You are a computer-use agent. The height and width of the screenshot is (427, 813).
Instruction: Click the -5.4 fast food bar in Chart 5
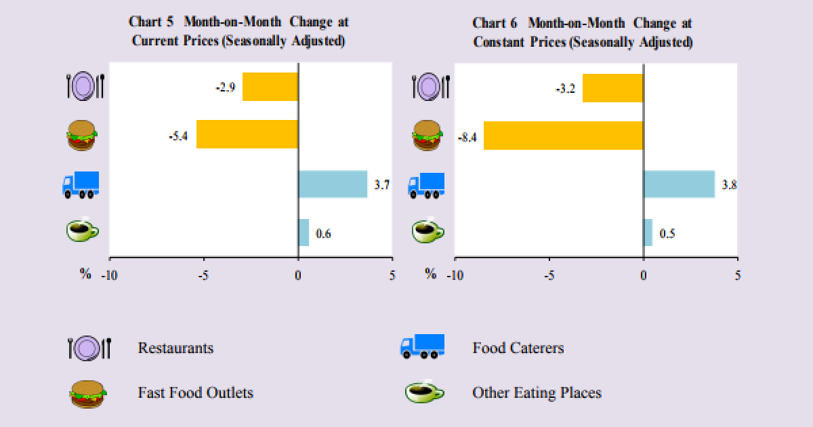[x=247, y=134]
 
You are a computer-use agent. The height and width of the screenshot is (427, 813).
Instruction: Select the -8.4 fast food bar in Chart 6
[x=563, y=136]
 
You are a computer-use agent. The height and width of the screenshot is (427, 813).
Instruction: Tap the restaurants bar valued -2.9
[x=270, y=87]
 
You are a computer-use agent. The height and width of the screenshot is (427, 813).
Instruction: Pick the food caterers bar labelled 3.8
[x=679, y=184]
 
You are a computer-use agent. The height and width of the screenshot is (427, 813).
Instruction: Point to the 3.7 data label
[x=382, y=184]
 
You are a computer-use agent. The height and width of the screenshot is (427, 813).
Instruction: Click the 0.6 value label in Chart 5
[x=324, y=235]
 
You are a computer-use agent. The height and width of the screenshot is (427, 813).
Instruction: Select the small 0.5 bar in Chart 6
[x=648, y=232]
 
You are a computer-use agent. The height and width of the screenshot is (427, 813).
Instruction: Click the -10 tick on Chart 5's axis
[x=108, y=275]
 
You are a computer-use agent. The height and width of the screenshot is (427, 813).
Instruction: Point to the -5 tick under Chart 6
[x=549, y=275]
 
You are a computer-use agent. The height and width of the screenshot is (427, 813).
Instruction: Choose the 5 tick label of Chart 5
[x=392, y=275]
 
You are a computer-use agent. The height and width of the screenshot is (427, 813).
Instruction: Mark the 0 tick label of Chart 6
[x=643, y=275]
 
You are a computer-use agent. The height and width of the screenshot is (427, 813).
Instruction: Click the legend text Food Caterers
[x=518, y=348]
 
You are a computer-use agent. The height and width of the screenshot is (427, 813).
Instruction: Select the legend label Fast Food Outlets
[x=195, y=392]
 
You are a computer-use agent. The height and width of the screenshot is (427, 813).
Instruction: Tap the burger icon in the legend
[x=88, y=393]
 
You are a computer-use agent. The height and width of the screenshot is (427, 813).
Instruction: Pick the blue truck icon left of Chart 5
[x=81, y=184]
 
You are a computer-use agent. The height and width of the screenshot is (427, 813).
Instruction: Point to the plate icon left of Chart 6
[x=430, y=87]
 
